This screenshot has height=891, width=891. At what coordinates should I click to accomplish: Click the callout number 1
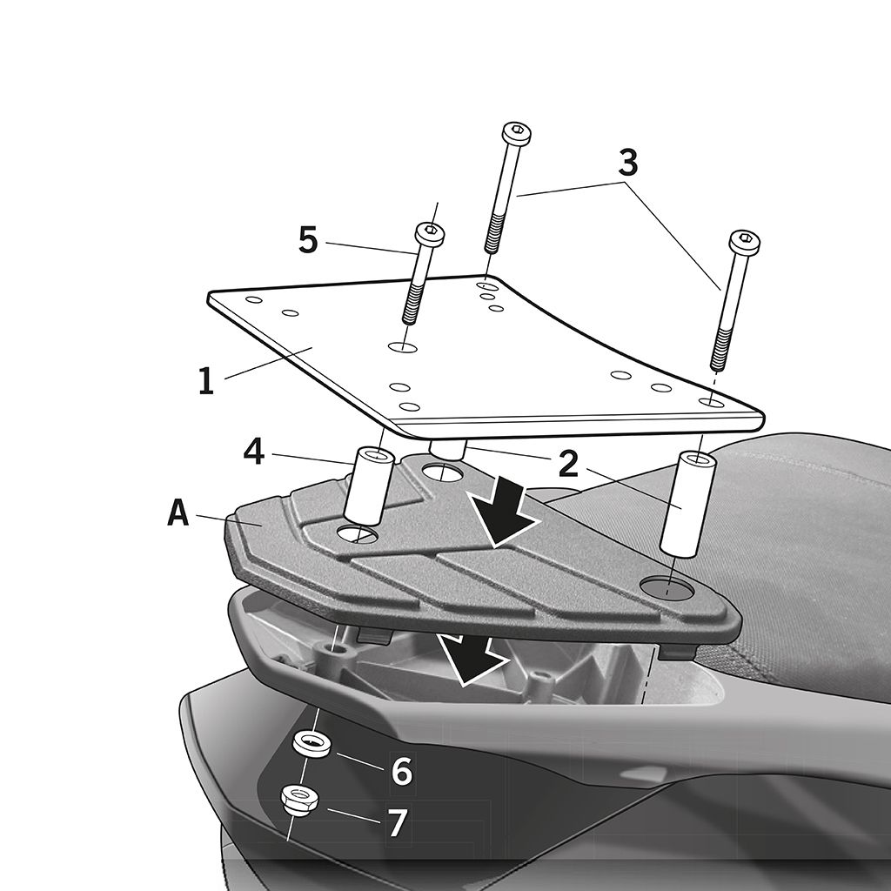pos(206,380)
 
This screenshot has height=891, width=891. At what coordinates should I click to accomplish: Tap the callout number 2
pos(569,465)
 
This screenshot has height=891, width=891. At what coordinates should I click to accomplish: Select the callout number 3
pos(628,163)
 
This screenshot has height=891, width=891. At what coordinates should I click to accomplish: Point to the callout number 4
pos(253,453)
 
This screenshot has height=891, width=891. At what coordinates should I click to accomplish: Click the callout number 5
pos(308,240)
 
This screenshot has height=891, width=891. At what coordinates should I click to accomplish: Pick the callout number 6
pos(401,771)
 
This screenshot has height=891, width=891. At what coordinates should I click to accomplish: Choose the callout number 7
pos(398,821)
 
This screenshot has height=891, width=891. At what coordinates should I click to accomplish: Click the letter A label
pos(178,513)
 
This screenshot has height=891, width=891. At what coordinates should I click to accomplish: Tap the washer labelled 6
pos(312,745)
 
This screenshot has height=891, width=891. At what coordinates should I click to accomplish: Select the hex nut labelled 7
pos(299,801)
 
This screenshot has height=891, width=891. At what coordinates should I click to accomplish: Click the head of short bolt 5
pos(430,233)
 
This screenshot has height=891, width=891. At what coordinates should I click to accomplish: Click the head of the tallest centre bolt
pos(517,133)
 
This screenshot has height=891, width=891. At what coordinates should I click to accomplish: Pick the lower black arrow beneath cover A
pos(471,660)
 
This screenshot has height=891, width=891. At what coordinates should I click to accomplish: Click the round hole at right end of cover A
pos(669,586)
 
